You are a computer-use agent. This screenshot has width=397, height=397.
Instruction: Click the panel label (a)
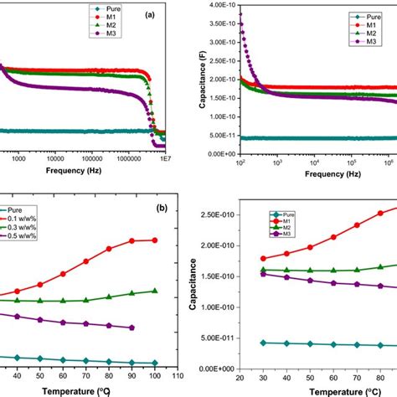pos(152,15)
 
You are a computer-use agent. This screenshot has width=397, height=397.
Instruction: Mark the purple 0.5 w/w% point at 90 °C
pos(131,327)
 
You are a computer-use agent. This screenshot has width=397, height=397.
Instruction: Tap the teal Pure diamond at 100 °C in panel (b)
pos(154,363)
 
